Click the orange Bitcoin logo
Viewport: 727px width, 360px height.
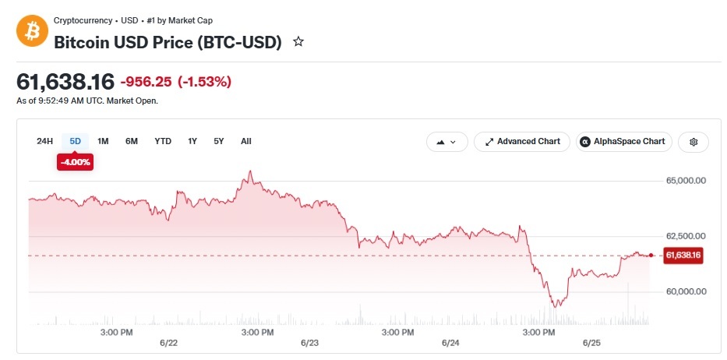pyautogui.click(x=33, y=30)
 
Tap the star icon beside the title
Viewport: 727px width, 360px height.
pyautogui.click(x=298, y=42)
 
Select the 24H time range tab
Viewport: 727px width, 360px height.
pyautogui.click(x=45, y=142)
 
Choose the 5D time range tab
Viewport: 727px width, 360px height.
pyautogui.click(x=75, y=142)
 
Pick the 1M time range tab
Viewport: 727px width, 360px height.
pyautogui.click(x=103, y=142)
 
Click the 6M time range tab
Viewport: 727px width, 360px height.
pyautogui.click(x=132, y=142)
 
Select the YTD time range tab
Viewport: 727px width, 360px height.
pyautogui.click(x=163, y=142)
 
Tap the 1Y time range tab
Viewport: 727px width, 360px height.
pyautogui.click(x=192, y=142)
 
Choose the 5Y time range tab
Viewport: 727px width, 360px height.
pyautogui.click(x=219, y=142)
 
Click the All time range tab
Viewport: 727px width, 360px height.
pyautogui.click(x=246, y=142)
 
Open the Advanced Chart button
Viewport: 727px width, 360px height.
pyautogui.click(x=522, y=142)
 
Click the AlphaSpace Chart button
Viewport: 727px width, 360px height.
pyautogui.click(x=624, y=142)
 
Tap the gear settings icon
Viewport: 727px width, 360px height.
pyautogui.click(x=693, y=142)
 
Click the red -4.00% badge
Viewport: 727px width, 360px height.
pyautogui.click(x=75, y=162)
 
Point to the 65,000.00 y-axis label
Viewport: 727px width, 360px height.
pyautogui.click(x=686, y=181)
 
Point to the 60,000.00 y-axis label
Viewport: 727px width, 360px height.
pyautogui.click(x=686, y=291)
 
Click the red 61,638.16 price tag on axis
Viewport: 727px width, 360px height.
pyautogui.click(x=683, y=255)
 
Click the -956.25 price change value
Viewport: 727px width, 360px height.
pyautogui.click(x=146, y=82)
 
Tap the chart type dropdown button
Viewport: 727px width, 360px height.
pyautogui.click(x=447, y=142)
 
